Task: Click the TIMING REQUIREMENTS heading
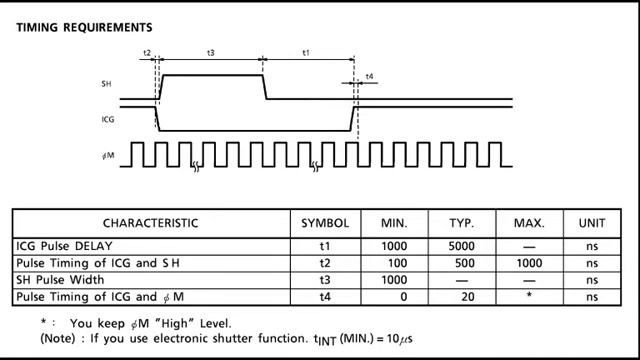pyautogui.click(x=84, y=27)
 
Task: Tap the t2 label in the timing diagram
pyautogui.click(x=147, y=52)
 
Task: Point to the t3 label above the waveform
pyautogui.click(x=210, y=52)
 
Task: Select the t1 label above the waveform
pyautogui.click(x=306, y=52)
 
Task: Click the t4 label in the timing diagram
pyautogui.click(x=370, y=76)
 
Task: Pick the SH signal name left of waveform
pyautogui.click(x=106, y=83)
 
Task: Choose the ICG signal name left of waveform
pyautogui.click(x=107, y=120)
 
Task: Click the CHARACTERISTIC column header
pyautogui.click(x=150, y=223)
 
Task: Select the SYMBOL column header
pyautogui.click(x=325, y=223)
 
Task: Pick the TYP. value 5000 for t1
pyautogui.click(x=460, y=246)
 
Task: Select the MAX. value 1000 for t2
pyautogui.click(x=528, y=263)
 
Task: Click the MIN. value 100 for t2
pyautogui.click(x=394, y=263)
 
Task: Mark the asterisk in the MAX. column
pyautogui.click(x=529, y=296)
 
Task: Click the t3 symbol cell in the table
pyautogui.click(x=325, y=280)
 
